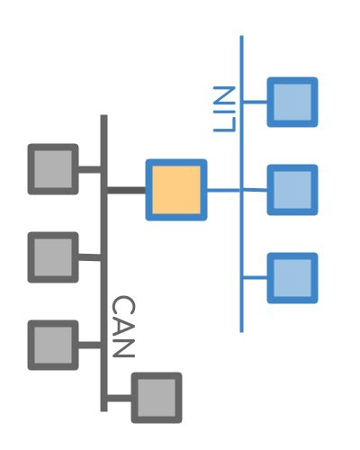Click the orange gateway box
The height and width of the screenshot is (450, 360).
pos(176,190)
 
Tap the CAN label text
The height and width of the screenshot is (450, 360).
pos(122,327)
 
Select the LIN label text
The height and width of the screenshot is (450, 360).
pos(224,109)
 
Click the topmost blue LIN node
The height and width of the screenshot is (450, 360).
pos(292,102)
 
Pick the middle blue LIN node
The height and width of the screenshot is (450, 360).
pos(292,190)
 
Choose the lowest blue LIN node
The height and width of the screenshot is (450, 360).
pos(292,277)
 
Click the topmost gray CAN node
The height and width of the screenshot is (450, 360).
pos(53,168)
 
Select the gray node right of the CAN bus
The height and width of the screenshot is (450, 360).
pos(157,397)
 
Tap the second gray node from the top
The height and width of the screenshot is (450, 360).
pos(53,256)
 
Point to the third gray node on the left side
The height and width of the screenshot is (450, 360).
pos(53,345)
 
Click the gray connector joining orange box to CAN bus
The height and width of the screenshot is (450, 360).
pos(126,190)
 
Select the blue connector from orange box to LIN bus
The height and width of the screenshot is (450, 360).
pos(223,190)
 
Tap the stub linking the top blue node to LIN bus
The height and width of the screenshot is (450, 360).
pos(255,102)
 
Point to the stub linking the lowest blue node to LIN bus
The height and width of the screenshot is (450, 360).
pos(255,277)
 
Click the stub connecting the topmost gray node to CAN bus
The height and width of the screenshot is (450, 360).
pos(89,168)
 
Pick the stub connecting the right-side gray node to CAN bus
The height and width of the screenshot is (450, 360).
pos(120,397)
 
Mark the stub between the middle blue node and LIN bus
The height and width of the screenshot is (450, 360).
pos(256,190)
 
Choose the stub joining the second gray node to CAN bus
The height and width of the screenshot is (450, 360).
pos(89,256)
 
